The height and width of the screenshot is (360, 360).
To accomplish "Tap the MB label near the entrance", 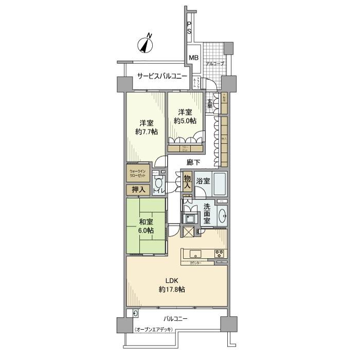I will [x=193, y=58].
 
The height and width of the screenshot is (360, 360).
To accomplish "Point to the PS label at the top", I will [x=189, y=28].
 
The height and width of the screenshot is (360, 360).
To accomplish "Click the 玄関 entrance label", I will [x=210, y=102].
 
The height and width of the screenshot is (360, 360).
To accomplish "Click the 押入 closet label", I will [x=138, y=190].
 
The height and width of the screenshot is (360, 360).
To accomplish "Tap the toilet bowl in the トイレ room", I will [x=159, y=184].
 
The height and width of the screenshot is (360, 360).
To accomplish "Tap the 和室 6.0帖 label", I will [x=147, y=226].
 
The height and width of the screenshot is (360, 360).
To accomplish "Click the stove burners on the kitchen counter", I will [x=219, y=254].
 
